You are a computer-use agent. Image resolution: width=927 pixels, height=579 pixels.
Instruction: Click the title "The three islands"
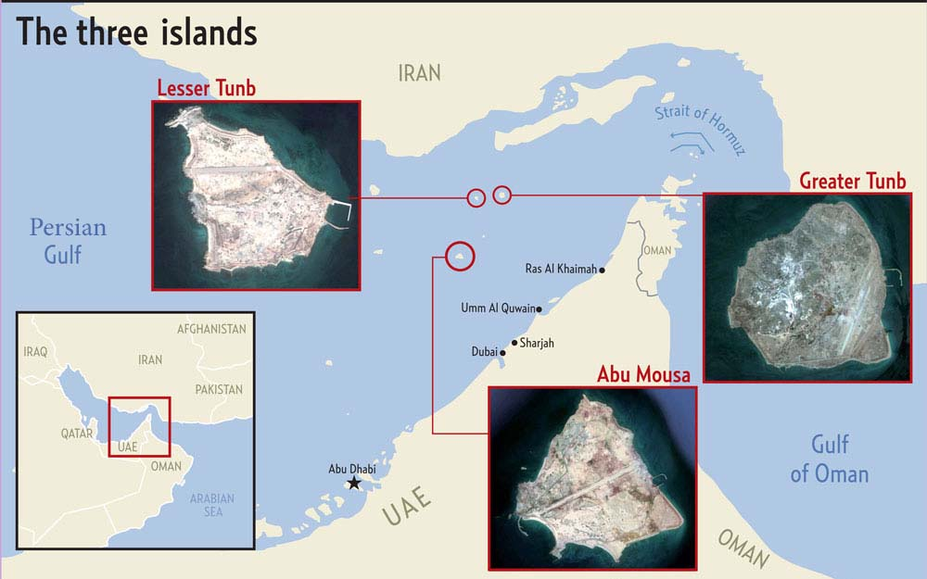point(137,32)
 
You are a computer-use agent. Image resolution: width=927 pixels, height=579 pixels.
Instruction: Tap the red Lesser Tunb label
point(206,88)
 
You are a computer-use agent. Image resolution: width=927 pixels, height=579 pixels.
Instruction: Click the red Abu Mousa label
point(644,374)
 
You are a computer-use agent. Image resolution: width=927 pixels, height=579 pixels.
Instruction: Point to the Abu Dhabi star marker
point(353,484)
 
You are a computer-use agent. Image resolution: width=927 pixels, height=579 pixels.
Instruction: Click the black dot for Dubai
point(503,353)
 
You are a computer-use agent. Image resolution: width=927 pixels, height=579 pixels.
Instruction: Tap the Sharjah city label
point(537,343)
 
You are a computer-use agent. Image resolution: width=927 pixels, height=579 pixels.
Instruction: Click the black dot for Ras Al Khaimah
point(603,271)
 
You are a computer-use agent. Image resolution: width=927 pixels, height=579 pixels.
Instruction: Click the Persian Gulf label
point(68,240)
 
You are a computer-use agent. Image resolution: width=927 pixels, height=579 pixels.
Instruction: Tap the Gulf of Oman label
point(830,459)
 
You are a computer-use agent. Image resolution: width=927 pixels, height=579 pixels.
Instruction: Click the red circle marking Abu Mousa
point(460,256)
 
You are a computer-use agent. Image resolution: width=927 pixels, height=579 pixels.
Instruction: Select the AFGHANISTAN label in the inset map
point(211,329)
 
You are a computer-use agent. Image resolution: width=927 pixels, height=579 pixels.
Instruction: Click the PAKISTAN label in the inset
point(219,390)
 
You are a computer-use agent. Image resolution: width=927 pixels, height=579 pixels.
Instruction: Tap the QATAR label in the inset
point(78,433)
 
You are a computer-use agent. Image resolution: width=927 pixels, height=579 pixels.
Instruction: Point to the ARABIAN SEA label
point(212,505)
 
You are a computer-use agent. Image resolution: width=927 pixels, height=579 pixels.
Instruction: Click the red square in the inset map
point(139,426)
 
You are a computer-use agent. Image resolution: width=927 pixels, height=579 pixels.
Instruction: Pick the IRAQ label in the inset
point(36,352)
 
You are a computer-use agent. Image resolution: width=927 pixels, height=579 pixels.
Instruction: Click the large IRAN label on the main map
point(419,72)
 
